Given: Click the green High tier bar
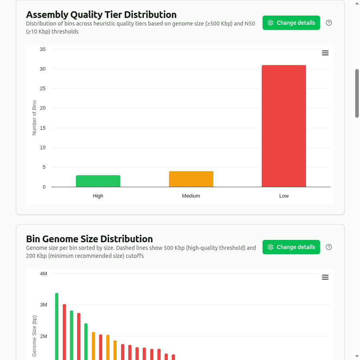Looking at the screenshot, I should tap(98, 181).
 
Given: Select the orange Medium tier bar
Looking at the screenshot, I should tap(191, 179).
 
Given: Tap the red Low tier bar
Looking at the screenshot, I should tap(284, 126).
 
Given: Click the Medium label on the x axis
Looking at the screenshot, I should tap(191, 196).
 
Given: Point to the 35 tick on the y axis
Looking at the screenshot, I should tap(43, 49).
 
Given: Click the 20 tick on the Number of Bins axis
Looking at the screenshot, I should tap(43, 108).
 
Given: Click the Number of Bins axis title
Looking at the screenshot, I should tap(34, 118).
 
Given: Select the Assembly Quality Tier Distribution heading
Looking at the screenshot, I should tap(101, 15).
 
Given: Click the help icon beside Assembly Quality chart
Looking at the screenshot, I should tap(329, 23).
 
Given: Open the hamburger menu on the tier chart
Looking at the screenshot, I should tap(325, 53).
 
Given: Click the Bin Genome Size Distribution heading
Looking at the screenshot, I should tap(89, 239).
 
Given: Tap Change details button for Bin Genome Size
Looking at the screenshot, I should tap(291, 247).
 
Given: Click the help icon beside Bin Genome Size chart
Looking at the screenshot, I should tap(329, 247).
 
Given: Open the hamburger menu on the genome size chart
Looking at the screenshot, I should tap(325, 277).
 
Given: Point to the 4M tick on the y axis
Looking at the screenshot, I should tap(44, 274).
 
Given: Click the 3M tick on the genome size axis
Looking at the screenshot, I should tap(44, 305).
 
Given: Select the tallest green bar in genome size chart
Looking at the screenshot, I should tap(57, 325).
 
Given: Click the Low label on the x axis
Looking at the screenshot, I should tap(284, 196).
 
